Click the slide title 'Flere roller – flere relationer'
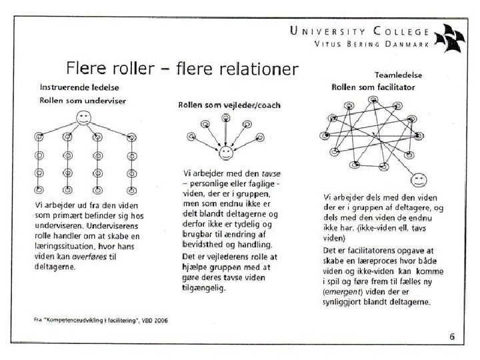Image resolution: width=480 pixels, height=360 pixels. pos(181,69)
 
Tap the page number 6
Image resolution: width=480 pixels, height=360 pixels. pos(451,336)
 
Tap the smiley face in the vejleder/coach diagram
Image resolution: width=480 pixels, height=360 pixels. pos(226,152)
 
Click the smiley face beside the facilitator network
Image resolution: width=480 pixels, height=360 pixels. pos(419,179)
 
